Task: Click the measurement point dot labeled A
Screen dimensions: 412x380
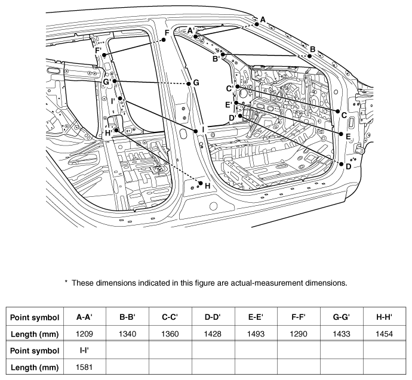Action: click(257, 24)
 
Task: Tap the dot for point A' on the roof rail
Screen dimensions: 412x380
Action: click(195, 36)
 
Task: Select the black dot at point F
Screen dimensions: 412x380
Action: click(164, 39)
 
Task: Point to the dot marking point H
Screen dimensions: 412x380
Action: click(201, 183)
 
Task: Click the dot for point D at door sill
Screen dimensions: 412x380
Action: click(342, 164)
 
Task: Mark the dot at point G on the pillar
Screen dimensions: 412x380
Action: click(189, 84)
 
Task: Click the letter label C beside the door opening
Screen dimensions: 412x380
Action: click(344, 116)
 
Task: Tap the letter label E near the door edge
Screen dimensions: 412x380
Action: click(348, 137)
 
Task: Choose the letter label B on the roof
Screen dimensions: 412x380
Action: click(312, 50)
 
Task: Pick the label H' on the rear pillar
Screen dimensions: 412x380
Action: click(109, 133)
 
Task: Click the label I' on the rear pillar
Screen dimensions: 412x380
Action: click(113, 101)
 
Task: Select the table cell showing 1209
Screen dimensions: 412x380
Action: click(84, 334)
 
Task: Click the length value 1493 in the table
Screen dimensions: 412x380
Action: click(256, 334)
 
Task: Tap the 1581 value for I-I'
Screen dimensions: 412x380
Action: click(84, 367)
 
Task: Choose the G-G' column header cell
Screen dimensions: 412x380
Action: click(342, 317)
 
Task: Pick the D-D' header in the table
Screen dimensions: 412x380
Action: click(213, 317)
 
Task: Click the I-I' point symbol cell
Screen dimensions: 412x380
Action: click(84, 350)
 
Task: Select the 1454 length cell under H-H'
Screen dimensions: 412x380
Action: click(384, 334)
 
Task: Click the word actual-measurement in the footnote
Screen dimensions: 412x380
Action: click(266, 283)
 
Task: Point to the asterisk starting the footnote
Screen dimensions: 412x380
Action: click(66, 282)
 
